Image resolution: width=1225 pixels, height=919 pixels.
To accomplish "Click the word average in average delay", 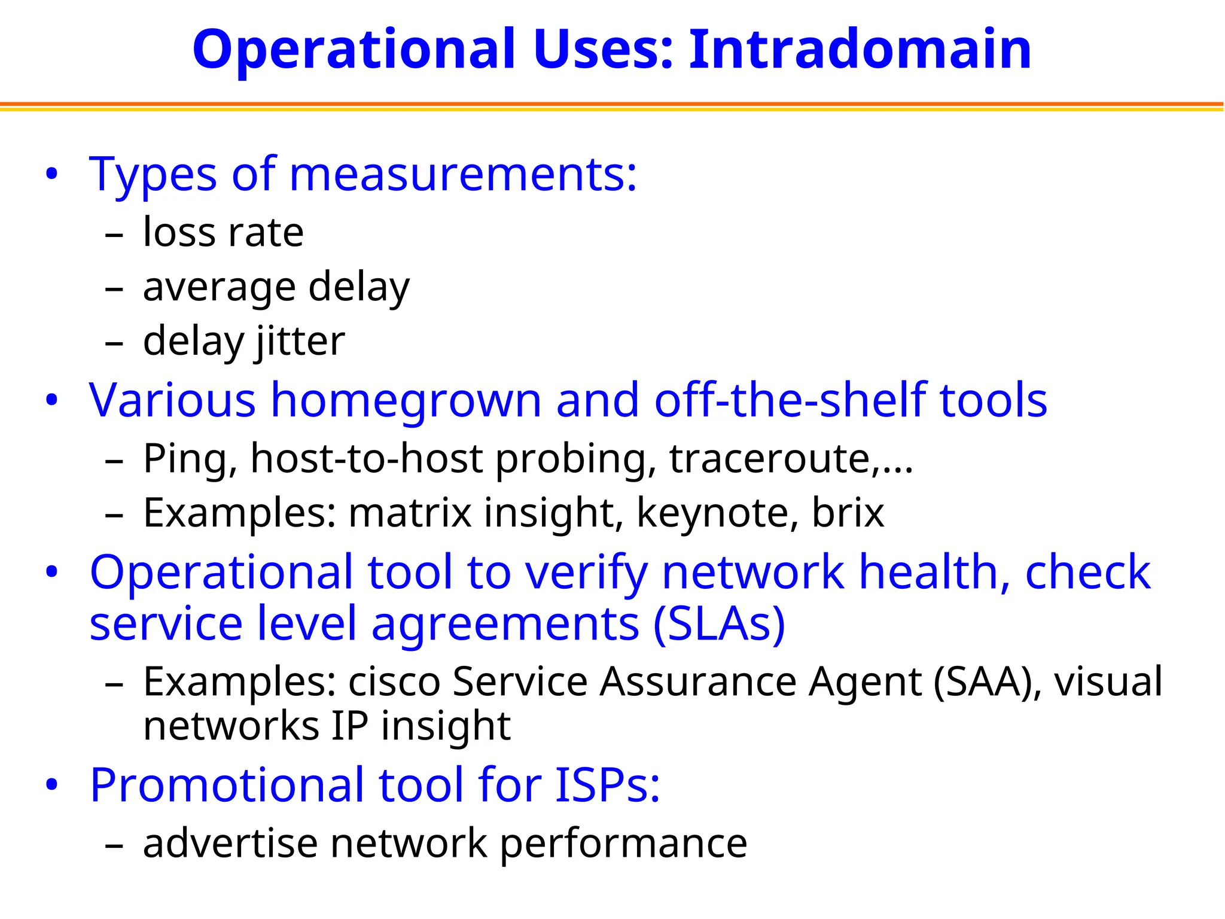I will pos(219,287).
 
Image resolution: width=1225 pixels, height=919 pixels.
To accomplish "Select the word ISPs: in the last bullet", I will pos(608,785).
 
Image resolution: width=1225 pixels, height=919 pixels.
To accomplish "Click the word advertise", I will pos(230,843).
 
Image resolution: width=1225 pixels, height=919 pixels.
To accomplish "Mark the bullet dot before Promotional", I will pos(52,784).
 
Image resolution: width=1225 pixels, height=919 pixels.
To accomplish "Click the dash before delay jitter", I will pos(114,343).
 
